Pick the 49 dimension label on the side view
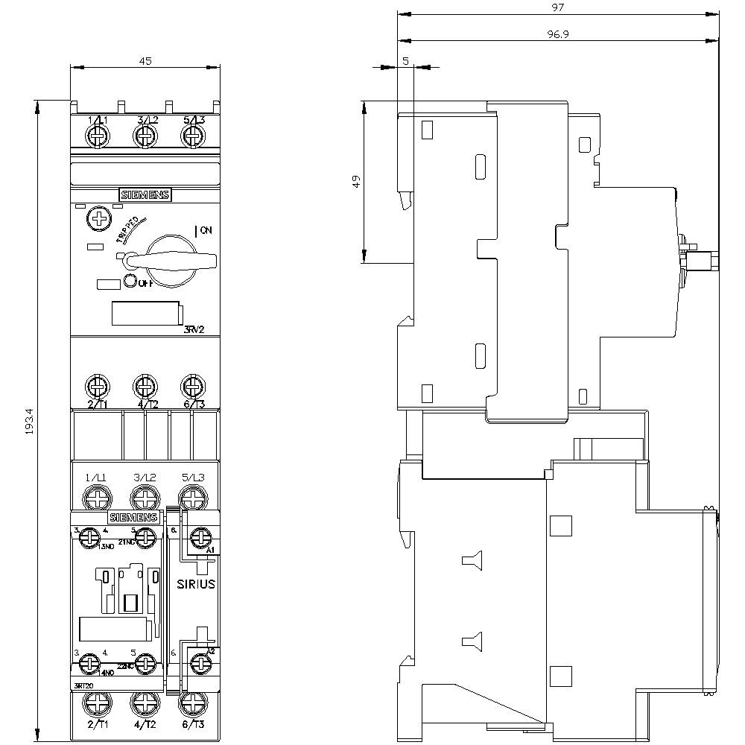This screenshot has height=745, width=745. (357, 181)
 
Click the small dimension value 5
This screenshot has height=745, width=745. (405, 61)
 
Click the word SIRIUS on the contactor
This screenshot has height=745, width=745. (196, 583)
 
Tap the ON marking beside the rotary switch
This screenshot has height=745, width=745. (205, 231)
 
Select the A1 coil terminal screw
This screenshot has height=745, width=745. (200, 536)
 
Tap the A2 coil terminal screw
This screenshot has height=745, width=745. (200, 662)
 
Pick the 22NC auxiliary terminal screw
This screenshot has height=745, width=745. (146, 662)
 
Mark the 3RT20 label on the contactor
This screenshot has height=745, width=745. (83, 685)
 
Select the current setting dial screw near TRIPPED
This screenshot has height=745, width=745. (97, 218)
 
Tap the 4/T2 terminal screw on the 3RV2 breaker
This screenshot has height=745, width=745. (144, 387)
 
